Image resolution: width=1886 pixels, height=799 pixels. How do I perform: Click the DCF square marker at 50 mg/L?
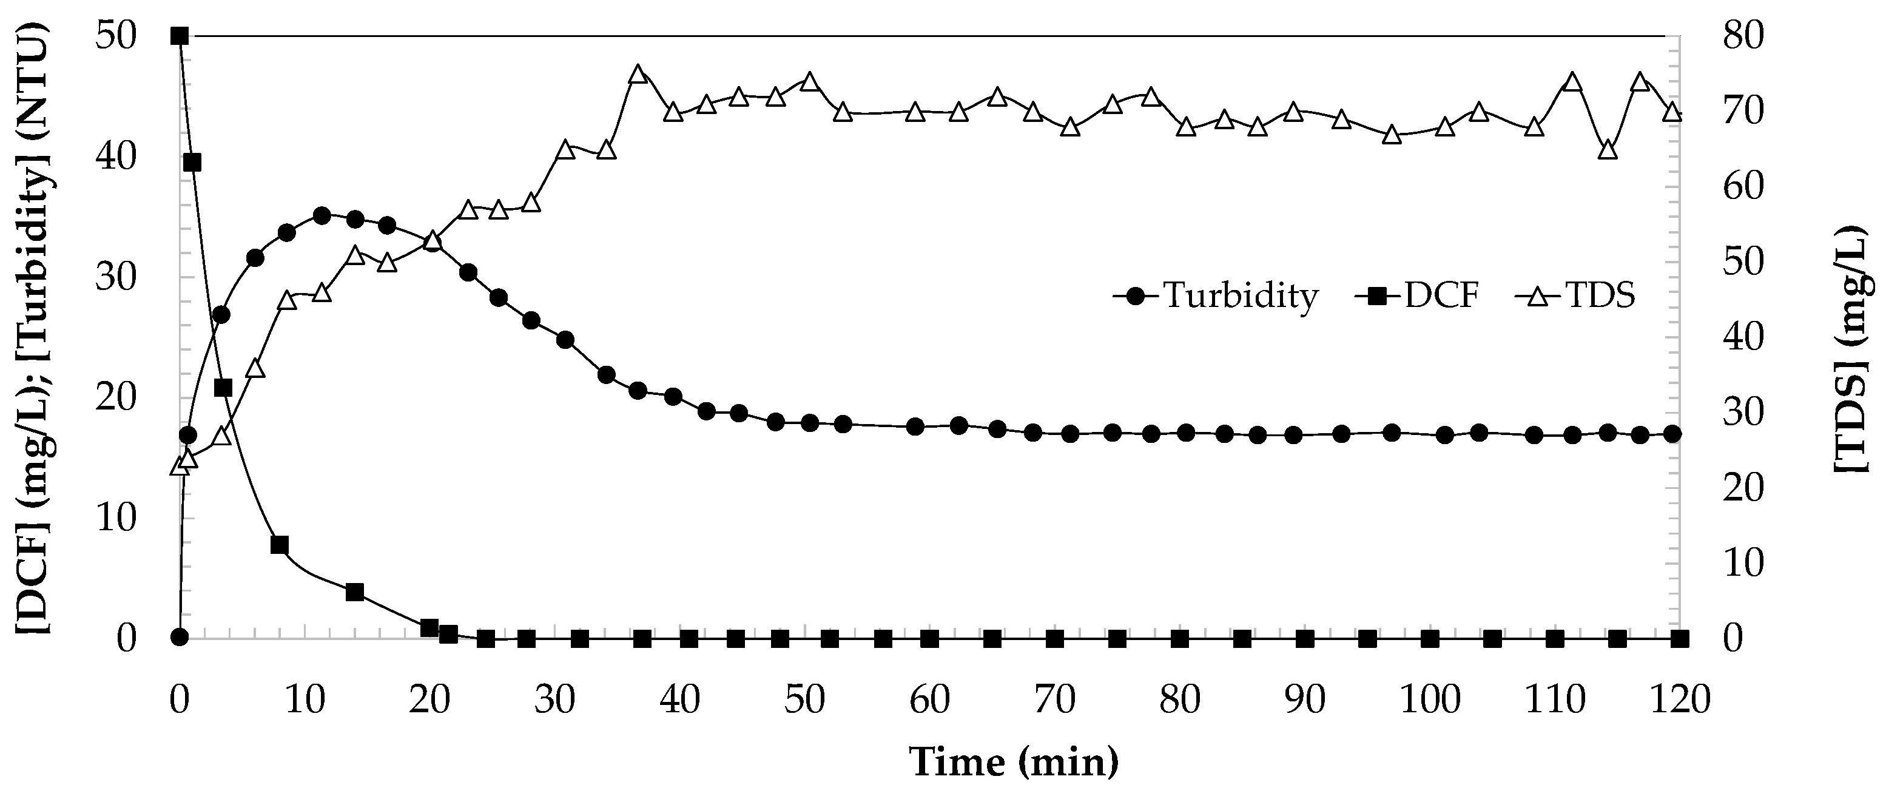click(180, 36)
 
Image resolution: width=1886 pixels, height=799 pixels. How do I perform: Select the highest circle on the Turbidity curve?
click(322, 215)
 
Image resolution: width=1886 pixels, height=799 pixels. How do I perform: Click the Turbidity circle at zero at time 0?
click(180, 638)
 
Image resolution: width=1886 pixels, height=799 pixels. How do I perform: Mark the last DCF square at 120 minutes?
click(1680, 639)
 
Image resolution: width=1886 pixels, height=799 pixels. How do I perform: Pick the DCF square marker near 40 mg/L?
click(192, 163)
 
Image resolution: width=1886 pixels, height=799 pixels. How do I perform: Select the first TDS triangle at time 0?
click(180, 467)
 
